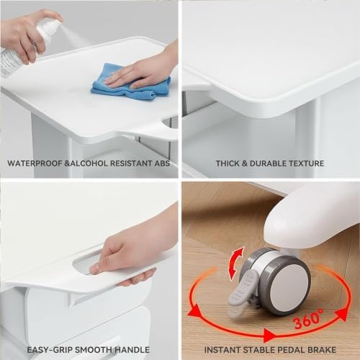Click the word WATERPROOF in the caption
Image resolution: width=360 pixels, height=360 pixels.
(35, 163)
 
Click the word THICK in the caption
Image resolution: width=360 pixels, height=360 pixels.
(228, 163)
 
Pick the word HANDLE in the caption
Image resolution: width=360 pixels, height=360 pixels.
(132, 350)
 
